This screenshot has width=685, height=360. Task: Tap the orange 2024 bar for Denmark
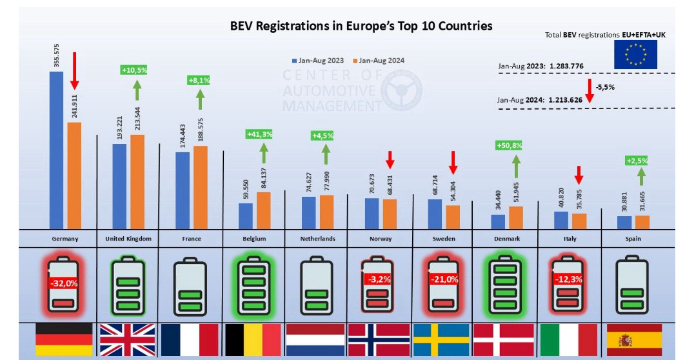click(516, 217)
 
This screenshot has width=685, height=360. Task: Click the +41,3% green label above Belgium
click(259, 134)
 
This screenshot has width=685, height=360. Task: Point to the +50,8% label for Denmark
click(509, 146)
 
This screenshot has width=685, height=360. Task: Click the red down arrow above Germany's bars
click(74, 71)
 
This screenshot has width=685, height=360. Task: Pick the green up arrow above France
click(200, 99)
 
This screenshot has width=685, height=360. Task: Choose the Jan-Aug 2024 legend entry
click(377, 61)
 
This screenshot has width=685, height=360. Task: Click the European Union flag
click(635, 54)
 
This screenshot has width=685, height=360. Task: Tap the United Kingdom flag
click(128, 340)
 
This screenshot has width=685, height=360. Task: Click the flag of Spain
click(634, 340)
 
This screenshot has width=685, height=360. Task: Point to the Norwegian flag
click(379, 340)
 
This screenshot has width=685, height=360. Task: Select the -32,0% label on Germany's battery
click(64, 282)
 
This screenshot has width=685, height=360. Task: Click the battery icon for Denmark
click(506, 283)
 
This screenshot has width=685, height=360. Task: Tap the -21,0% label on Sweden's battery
click(443, 279)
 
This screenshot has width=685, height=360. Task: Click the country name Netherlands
click(318, 239)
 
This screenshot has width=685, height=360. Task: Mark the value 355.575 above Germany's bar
click(57, 55)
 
